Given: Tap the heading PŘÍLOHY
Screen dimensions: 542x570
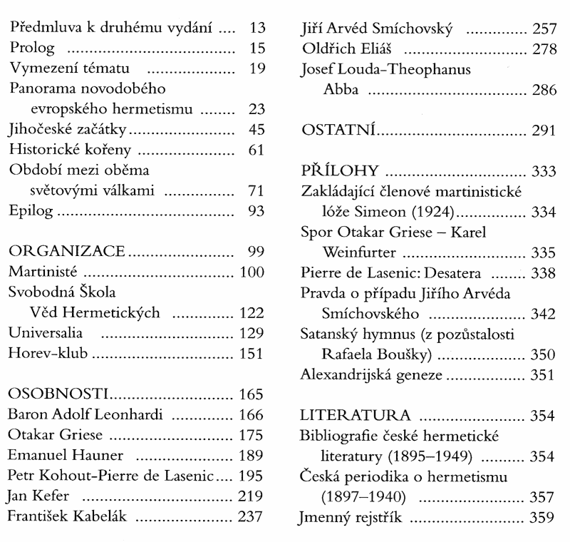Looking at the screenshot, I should tap(340, 172).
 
